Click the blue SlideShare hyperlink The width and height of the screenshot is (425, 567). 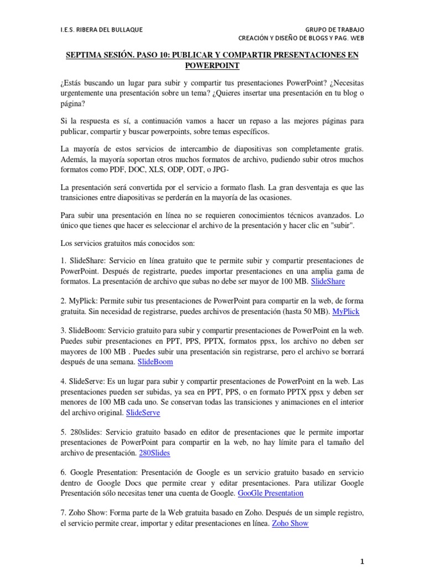tap(328, 281)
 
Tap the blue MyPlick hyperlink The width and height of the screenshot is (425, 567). tap(345, 311)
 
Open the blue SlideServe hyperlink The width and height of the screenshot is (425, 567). tap(143, 412)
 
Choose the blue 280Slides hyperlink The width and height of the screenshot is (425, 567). tap(154, 452)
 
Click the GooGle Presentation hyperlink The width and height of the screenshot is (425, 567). tap(271, 493)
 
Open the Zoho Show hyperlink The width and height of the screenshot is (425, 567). tap(291, 523)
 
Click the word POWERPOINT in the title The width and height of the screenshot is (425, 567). tap(212, 65)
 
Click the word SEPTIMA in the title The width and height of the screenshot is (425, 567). tap(84, 55)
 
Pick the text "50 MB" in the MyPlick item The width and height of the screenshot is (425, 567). tap(313, 311)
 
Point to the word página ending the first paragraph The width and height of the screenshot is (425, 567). tap(72, 103)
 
